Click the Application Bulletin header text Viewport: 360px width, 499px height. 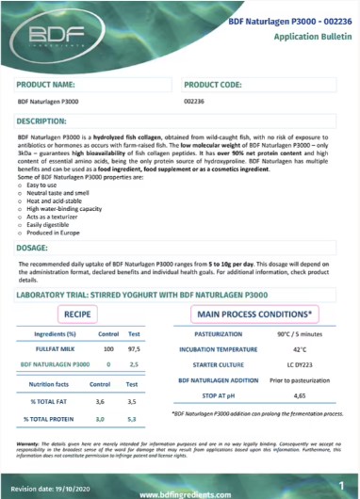click(x=307, y=35)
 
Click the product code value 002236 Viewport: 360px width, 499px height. click(x=197, y=101)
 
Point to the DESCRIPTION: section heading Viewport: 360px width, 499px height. click(x=48, y=121)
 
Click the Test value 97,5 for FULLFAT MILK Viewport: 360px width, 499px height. click(x=135, y=347)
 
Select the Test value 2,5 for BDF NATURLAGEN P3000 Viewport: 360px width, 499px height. click(x=135, y=362)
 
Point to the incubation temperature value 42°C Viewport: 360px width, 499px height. click(x=303, y=347)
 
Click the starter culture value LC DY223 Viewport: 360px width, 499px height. click(x=303, y=362)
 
